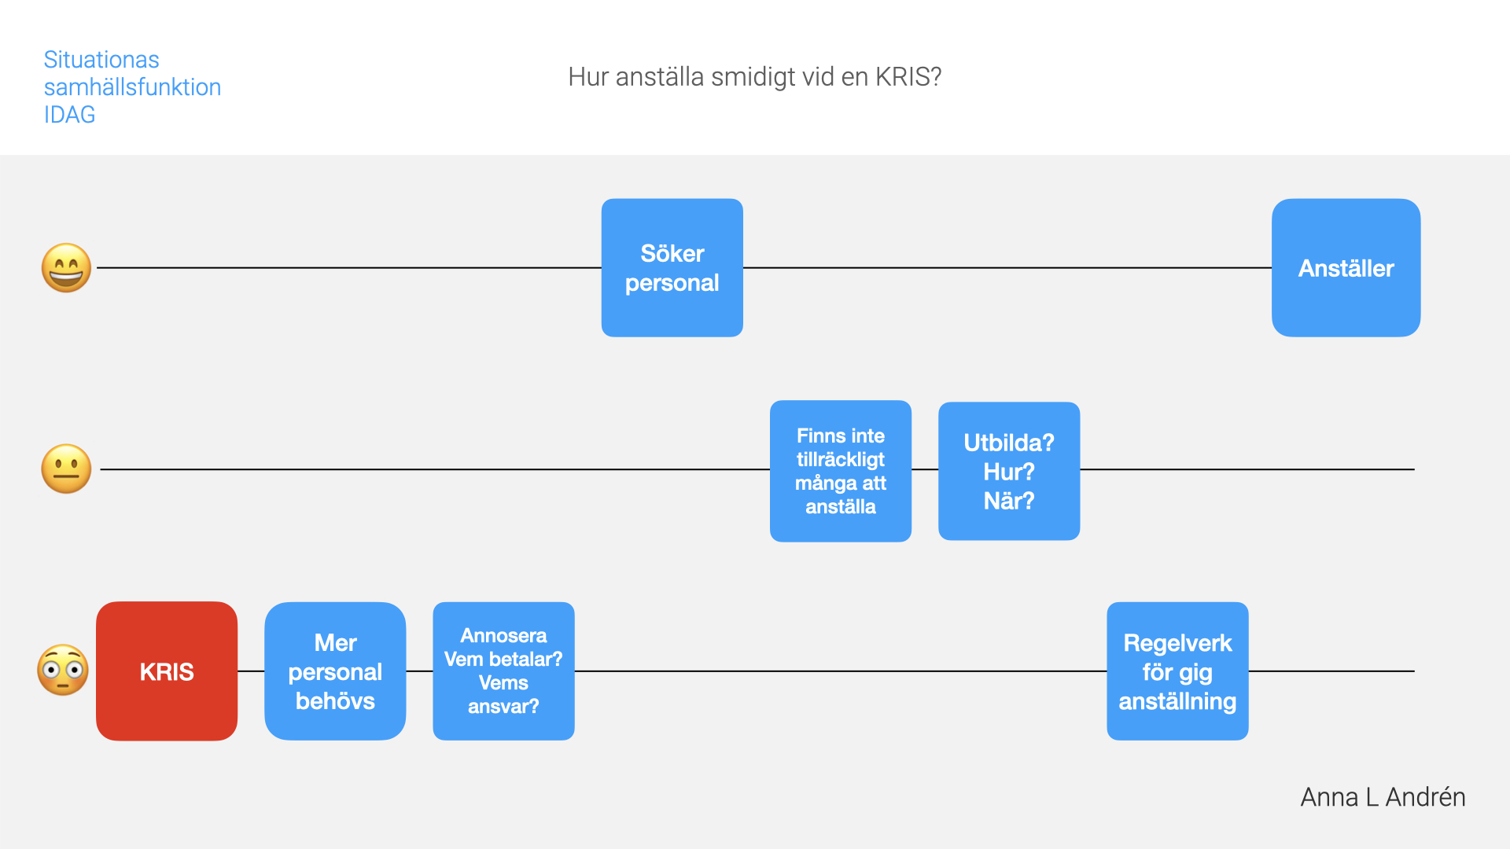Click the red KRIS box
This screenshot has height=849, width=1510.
[x=167, y=671]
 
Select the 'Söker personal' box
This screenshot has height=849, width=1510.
[x=672, y=268]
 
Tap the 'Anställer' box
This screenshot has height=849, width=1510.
[x=1346, y=268]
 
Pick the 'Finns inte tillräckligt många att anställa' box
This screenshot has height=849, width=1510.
[x=841, y=471]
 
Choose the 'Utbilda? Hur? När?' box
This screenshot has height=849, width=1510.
[x=1009, y=471]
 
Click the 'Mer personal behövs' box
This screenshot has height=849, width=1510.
[x=335, y=671]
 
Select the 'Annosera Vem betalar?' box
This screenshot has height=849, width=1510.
[x=503, y=671]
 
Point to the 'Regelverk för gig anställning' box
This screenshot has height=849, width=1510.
[x=1177, y=671]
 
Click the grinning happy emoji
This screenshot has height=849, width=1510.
[x=66, y=268]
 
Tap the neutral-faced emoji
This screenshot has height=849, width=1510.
[x=66, y=469]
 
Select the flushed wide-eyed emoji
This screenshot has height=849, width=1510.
[x=63, y=671]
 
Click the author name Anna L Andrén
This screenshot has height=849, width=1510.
[x=1383, y=797]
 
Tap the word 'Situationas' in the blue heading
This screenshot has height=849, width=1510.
[x=101, y=60]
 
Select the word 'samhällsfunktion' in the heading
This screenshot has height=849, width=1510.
[x=132, y=87]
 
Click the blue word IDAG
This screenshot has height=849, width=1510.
[x=69, y=115]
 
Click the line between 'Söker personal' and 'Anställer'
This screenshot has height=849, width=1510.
[x=1007, y=268]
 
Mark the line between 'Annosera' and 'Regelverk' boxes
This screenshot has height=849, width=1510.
[x=841, y=671]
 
